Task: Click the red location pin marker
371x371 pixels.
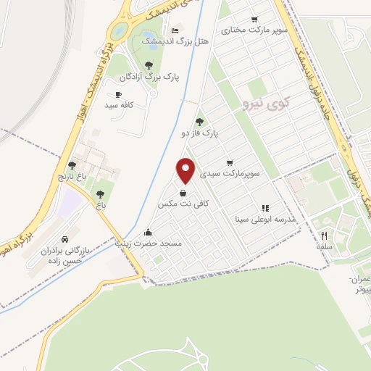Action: (x=186, y=170)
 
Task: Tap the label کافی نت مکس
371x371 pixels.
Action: (x=183, y=204)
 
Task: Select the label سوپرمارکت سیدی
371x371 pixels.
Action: (x=230, y=174)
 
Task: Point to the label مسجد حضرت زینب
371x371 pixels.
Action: (x=149, y=244)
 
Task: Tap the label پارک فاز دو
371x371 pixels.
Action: (x=200, y=133)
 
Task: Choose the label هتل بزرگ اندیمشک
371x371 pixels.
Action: (x=185, y=42)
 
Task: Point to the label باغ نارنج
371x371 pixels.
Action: (x=72, y=176)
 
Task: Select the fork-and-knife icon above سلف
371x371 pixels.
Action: (x=324, y=235)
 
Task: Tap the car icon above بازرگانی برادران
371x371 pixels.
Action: (x=65, y=239)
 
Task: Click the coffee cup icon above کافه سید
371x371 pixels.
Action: (x=118, y=94)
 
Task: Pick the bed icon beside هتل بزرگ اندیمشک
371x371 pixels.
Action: (x=175, y=30)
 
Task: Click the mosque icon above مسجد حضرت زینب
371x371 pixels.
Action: (x=149, y=233)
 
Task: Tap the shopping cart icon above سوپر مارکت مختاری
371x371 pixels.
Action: (x=254, y=20)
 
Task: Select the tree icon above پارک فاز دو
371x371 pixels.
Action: (x=200, y=122)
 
